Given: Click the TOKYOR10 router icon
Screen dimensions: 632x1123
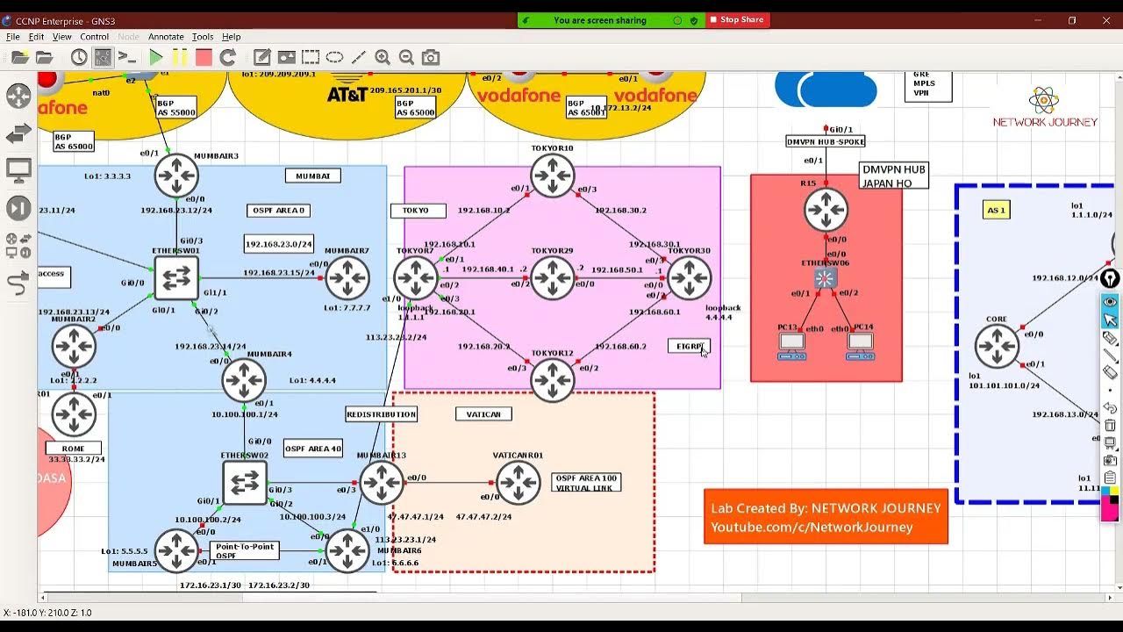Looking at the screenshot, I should (552, 176).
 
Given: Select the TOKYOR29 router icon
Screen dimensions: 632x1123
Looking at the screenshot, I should (552, 278).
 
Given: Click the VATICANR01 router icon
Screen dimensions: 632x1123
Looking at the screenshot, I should (518, 482).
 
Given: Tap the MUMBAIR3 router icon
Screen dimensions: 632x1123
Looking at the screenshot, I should (176, 176).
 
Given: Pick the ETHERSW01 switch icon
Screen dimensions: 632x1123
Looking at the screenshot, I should (176, 279).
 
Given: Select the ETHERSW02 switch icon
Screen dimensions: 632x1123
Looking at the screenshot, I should (245, 483).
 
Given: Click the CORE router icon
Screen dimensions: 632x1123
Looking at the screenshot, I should (997, 346).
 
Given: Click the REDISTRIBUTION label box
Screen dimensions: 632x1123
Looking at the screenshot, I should (381, 413).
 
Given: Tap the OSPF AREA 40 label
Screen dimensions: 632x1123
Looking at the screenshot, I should (312, 449).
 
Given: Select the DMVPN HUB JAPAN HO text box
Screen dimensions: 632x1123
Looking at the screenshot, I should (893, 176).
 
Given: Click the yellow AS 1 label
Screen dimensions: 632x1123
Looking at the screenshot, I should (996, 211).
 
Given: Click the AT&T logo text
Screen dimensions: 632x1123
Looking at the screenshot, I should (347, 93).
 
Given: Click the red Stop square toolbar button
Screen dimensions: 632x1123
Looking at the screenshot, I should (204, 57).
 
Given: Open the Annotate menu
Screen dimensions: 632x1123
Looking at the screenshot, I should (166, 37).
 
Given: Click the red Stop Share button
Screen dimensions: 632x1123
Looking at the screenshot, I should (737, 19).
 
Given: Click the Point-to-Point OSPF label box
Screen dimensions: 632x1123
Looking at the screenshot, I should (244, 551).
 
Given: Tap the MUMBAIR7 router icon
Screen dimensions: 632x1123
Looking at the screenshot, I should (347, 279).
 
